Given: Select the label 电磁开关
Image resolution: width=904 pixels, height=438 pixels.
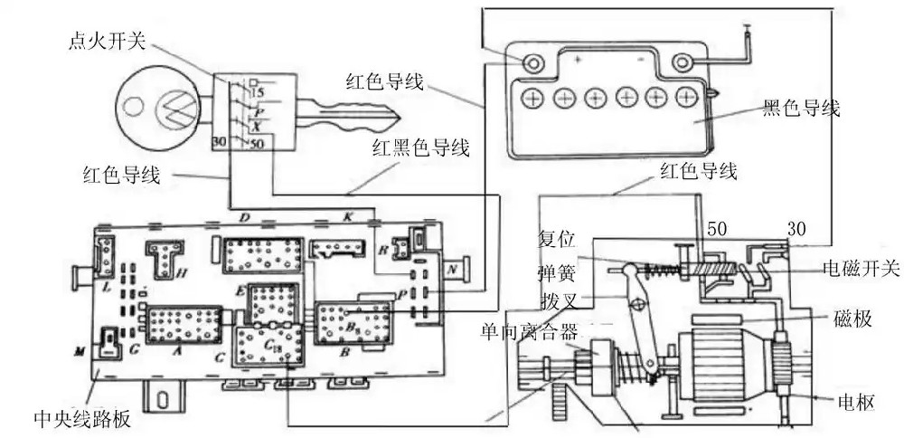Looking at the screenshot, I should [x=860, y=269].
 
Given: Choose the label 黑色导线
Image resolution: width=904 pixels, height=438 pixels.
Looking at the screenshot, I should [x=801, y=109].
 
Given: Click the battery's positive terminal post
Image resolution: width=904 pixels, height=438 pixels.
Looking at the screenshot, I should [x=532, y=62].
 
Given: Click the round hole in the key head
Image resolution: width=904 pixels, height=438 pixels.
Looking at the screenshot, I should [x=134, y=106].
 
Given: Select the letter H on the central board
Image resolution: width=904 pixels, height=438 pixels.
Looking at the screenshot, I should [x=182, y=271].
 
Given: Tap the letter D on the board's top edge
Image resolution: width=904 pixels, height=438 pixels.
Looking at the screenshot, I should [x=242, y=218].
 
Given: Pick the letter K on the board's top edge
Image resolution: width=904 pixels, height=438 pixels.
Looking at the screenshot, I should [x=346, y=218].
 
